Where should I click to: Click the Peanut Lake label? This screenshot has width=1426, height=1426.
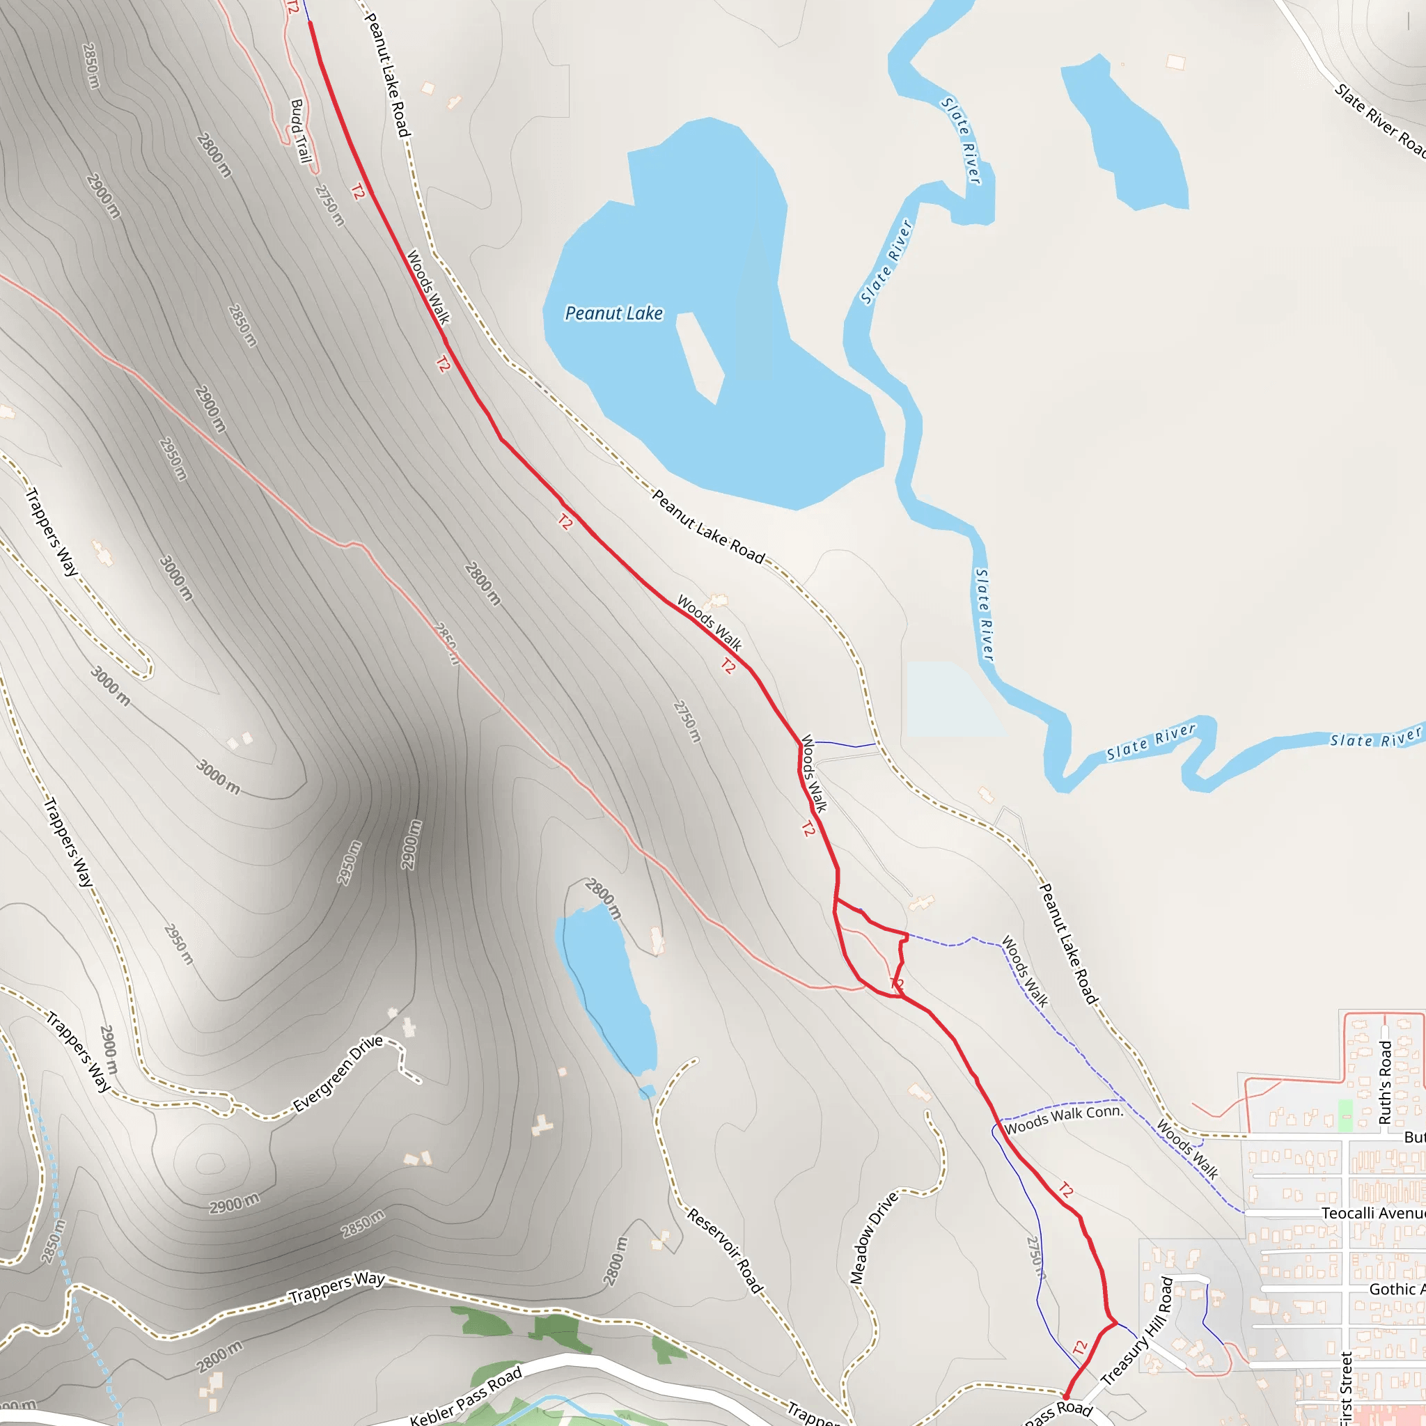(613, 314)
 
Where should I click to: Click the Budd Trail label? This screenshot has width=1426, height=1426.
(300, 131)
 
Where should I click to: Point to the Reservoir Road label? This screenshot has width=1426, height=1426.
(725, 1251)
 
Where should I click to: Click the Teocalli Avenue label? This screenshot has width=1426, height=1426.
(1372, 1214)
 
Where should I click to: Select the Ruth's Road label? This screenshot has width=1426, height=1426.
(1386, 1083)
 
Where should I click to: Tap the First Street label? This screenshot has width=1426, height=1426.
(1345, 1388)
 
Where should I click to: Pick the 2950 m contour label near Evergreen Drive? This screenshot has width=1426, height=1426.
(349, 862)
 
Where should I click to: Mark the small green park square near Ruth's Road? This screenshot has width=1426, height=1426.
(1345, 1115)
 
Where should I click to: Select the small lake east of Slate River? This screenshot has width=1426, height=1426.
(1124, 133)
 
